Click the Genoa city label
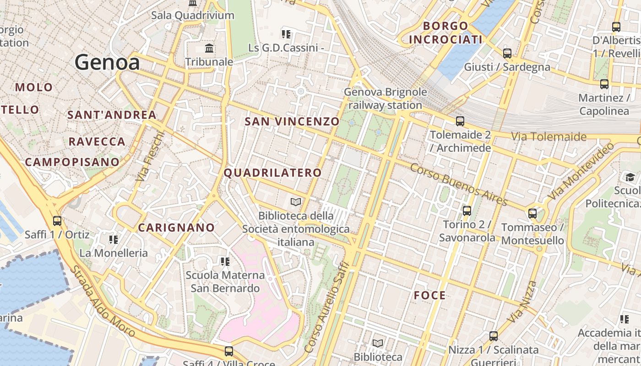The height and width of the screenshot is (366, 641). coord(107,62)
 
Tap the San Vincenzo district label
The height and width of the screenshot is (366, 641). coord(292,121)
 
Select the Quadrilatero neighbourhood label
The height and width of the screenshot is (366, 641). coord(272,172)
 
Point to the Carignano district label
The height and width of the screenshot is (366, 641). coord(176,227)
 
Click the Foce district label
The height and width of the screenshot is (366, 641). coord(429,295)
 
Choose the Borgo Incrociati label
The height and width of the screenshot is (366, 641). coord(445,32)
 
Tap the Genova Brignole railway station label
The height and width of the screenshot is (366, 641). coord(385,98)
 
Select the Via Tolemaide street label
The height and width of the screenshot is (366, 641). coord(549,136)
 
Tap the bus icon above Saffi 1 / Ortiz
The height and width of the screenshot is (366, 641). coord(57,221)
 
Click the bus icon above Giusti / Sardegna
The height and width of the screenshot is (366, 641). coord(507,53)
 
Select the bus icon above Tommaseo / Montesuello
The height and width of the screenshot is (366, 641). coord(532,214)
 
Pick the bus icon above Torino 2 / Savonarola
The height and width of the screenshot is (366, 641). coord(467,211)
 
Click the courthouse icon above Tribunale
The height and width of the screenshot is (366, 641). coord(209,48)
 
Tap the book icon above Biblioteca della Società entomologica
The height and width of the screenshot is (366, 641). coord(296,202)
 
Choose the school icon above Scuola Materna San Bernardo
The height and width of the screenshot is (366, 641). coord(225,262)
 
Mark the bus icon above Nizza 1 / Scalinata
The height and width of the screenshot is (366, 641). coord(493,336)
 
